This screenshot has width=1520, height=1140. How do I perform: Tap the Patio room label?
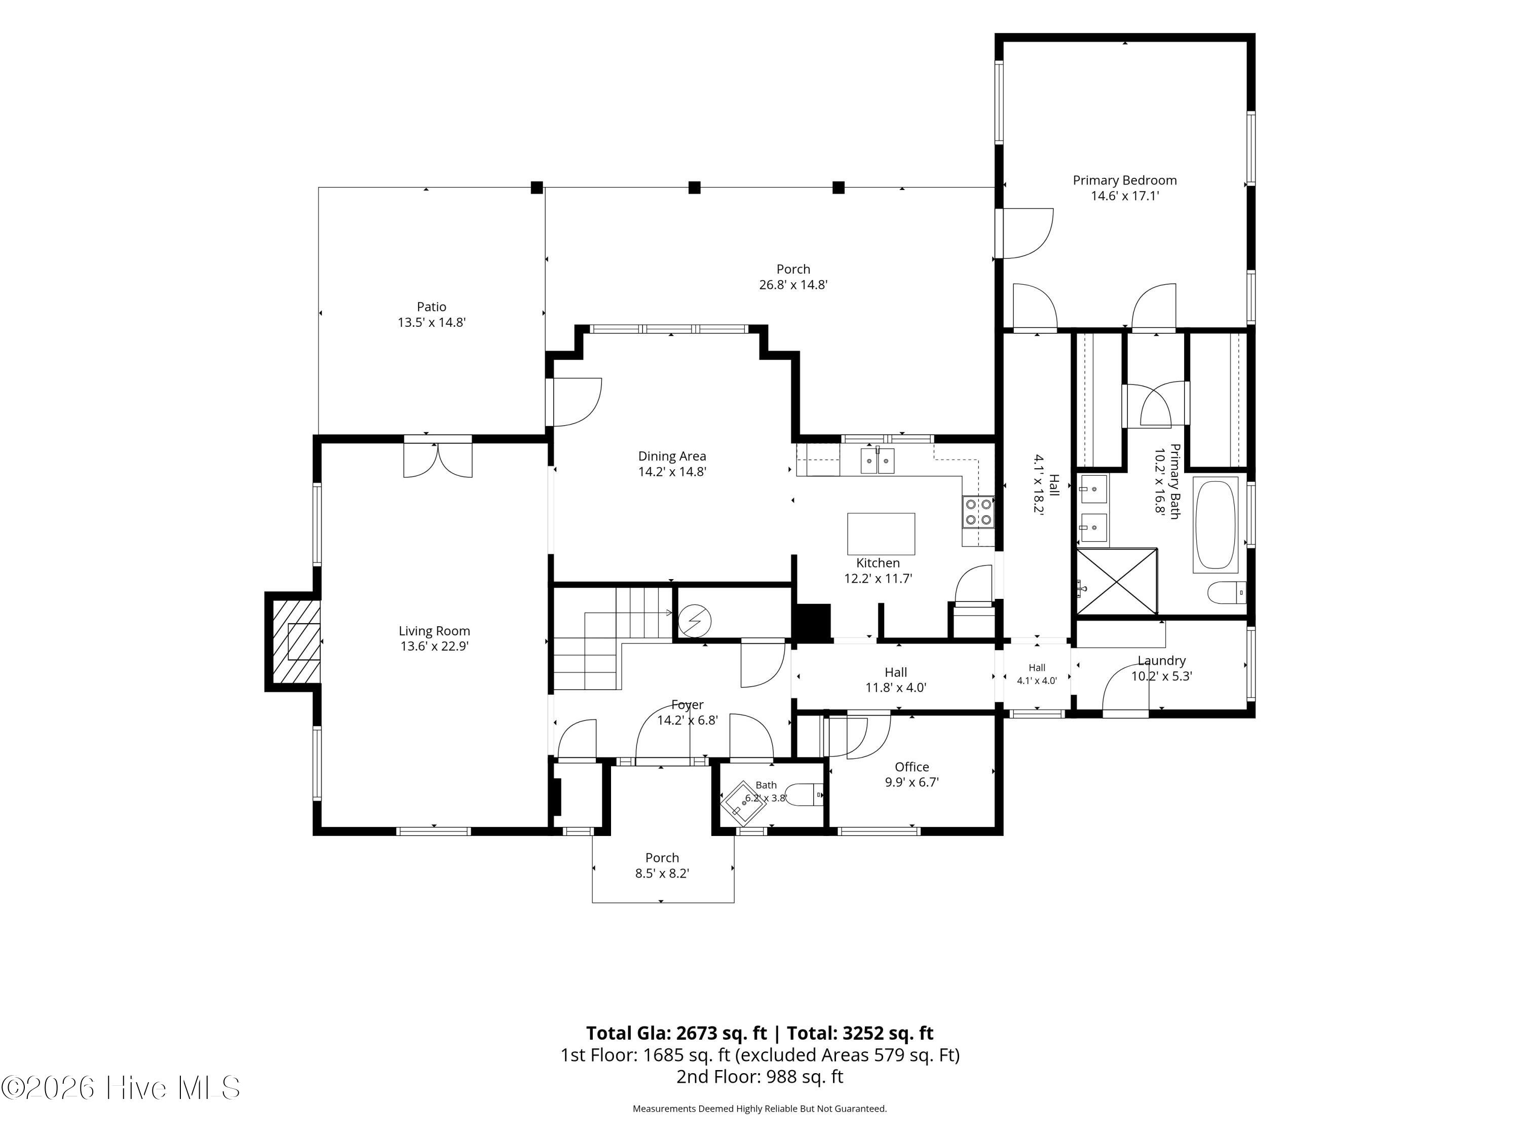432,307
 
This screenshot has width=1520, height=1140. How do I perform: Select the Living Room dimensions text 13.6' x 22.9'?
434,646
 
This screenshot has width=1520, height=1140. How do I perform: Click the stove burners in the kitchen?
978,511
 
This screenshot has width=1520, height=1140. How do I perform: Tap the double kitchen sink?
878,461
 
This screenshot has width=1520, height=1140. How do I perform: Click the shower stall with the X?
1117,581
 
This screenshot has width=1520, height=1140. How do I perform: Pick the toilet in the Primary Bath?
1227,592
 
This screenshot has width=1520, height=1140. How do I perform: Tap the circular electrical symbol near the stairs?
695,621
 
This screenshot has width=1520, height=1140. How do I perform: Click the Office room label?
912,767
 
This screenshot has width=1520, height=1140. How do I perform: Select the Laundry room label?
1161,660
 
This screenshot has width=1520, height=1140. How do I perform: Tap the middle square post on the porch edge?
695,187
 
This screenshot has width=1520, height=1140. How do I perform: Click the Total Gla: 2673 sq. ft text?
676,1033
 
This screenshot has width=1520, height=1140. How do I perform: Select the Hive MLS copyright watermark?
121,1088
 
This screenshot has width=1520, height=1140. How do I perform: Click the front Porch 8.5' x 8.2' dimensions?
662,873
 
